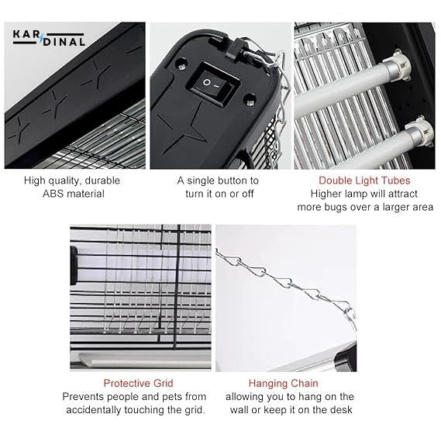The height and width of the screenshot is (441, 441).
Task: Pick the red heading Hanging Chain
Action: click(283, 383)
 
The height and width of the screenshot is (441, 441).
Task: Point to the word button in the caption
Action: click(233, 181)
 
